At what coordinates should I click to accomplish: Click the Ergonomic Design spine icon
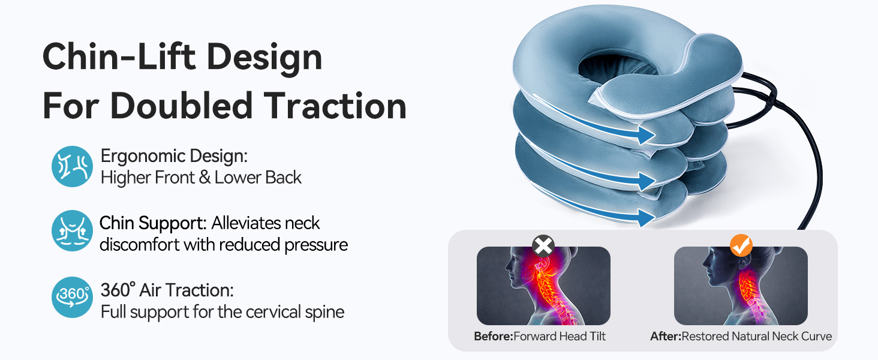(72, 166)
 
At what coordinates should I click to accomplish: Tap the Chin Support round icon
(72, 231)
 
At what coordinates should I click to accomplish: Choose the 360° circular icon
(72, 297)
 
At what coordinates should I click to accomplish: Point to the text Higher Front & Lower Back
(201, 178)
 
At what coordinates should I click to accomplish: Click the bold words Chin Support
(152, 223)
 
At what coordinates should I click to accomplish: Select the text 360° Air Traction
(167, 290)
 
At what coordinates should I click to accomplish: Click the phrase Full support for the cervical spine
(222, 312)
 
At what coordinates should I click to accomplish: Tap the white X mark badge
(543, 245)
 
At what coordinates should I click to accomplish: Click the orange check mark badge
(741, 245)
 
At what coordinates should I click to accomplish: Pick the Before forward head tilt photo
(543, 287)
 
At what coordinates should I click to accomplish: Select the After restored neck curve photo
(741, 287)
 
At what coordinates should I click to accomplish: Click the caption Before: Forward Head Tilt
(540, 336)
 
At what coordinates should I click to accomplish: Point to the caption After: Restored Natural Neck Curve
(741, 336)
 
